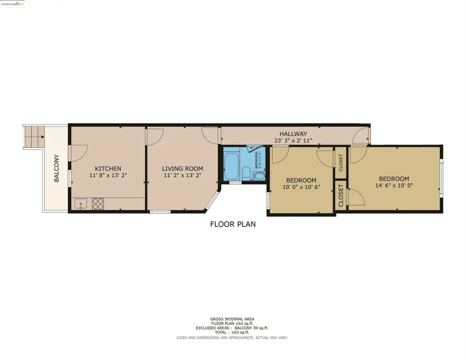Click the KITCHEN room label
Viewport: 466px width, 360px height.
(108, 169)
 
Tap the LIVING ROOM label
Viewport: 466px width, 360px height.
(182, 169)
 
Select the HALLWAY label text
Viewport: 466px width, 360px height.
(294, 134)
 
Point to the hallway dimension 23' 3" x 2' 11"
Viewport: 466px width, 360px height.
(294, 140)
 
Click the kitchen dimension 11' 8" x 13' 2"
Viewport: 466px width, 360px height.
(108, 176)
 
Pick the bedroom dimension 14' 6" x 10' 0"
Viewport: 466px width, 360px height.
(394, 186)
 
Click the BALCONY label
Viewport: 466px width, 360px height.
(56, 169)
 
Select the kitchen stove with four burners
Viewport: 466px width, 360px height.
(98, 204)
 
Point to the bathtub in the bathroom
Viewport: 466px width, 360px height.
(231, 165)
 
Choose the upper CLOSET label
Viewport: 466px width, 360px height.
(340, 162)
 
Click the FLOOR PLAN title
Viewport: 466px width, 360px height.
(232, 224)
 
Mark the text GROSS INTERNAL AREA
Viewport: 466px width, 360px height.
(232, 319)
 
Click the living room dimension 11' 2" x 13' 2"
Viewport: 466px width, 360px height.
(182, 176)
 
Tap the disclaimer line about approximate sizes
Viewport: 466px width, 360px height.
(232, 337)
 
